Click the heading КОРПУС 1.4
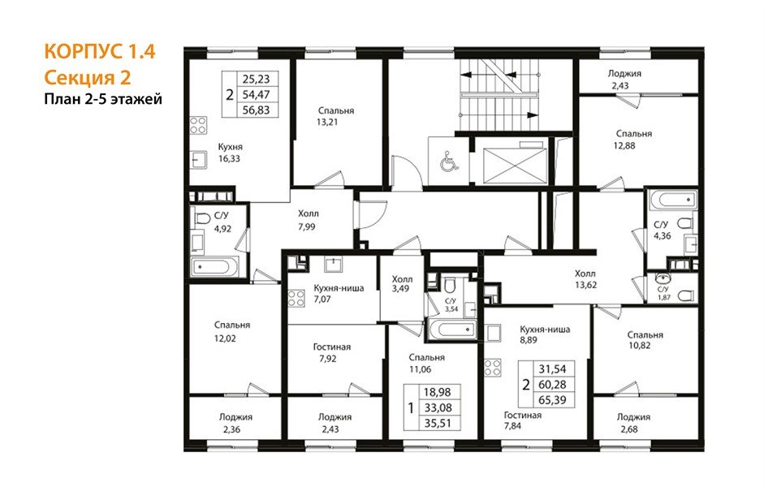pyautogui.click(x=100, y=51)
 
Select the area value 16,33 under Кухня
pyautogui.click(x=229, y=159)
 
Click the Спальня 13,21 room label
pyautogui.click(x=335, y=116)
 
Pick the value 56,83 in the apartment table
pyautogui.click(x=256, y=110)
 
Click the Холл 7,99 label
pyautogui.click(x=308, y=220)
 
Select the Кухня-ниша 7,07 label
pyautogui.click(x=339, y=293)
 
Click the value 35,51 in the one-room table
pyautogui.click(x=437, y=423)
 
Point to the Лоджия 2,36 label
pyautogui.click(x=235, y=423)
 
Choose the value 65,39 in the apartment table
pyautogui.click(x=553, y=400)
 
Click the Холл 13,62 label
pyautogui.click(x=585, y=279)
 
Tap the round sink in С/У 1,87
pyautogui.click(x=663, y=279)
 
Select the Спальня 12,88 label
pyautogui.click(x=633, y=140)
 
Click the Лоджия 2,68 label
pyautogui.click(x=633, y=423)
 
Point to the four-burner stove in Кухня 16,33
pyautogui.click(x=198, y=125)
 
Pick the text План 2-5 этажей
pyautogui.click(x=103, y=99)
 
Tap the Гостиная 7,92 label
pyautogui.click(x=332, y=353)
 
